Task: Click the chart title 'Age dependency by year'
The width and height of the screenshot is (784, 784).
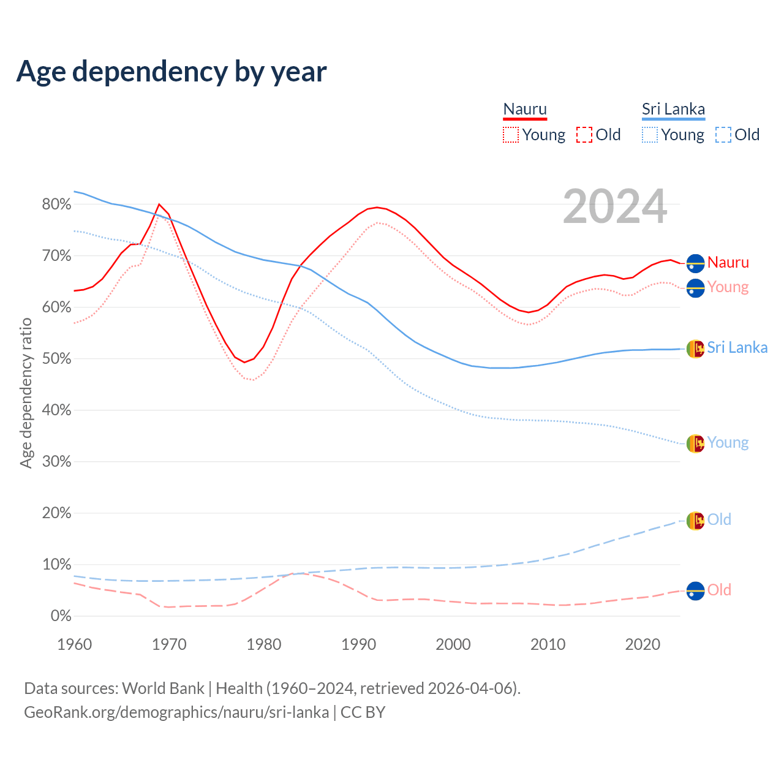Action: pos(171,72)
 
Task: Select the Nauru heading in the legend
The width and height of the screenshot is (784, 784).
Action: pos(525,109)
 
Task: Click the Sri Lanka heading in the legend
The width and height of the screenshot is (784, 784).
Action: pos(673,109)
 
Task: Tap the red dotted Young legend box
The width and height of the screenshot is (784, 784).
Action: pos(511,135)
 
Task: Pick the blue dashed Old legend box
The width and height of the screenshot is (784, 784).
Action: pos(723,135)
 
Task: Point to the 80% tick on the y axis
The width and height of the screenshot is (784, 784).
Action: pos(56,205)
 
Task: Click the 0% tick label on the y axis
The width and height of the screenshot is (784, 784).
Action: pos(61,616)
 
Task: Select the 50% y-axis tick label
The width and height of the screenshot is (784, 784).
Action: pos(56,359)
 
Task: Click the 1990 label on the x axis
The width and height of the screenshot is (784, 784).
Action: pos(358,644)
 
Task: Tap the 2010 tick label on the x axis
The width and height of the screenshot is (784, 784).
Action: pos(548,644)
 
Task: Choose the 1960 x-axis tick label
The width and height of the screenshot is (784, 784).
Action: pos(74,644)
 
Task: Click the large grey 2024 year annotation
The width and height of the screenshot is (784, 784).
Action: pos(615,207)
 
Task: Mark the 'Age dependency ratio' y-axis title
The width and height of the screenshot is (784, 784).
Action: pos(26,393)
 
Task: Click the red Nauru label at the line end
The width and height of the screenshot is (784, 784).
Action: pos(728,263)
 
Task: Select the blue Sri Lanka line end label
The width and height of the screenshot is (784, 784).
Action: pos(737,348)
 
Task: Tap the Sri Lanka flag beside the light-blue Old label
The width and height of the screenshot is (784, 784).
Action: pos(695,521)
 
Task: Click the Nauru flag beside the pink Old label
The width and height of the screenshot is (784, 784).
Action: pos(695,591)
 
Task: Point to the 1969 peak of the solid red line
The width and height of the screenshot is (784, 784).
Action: pos(159,205)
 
